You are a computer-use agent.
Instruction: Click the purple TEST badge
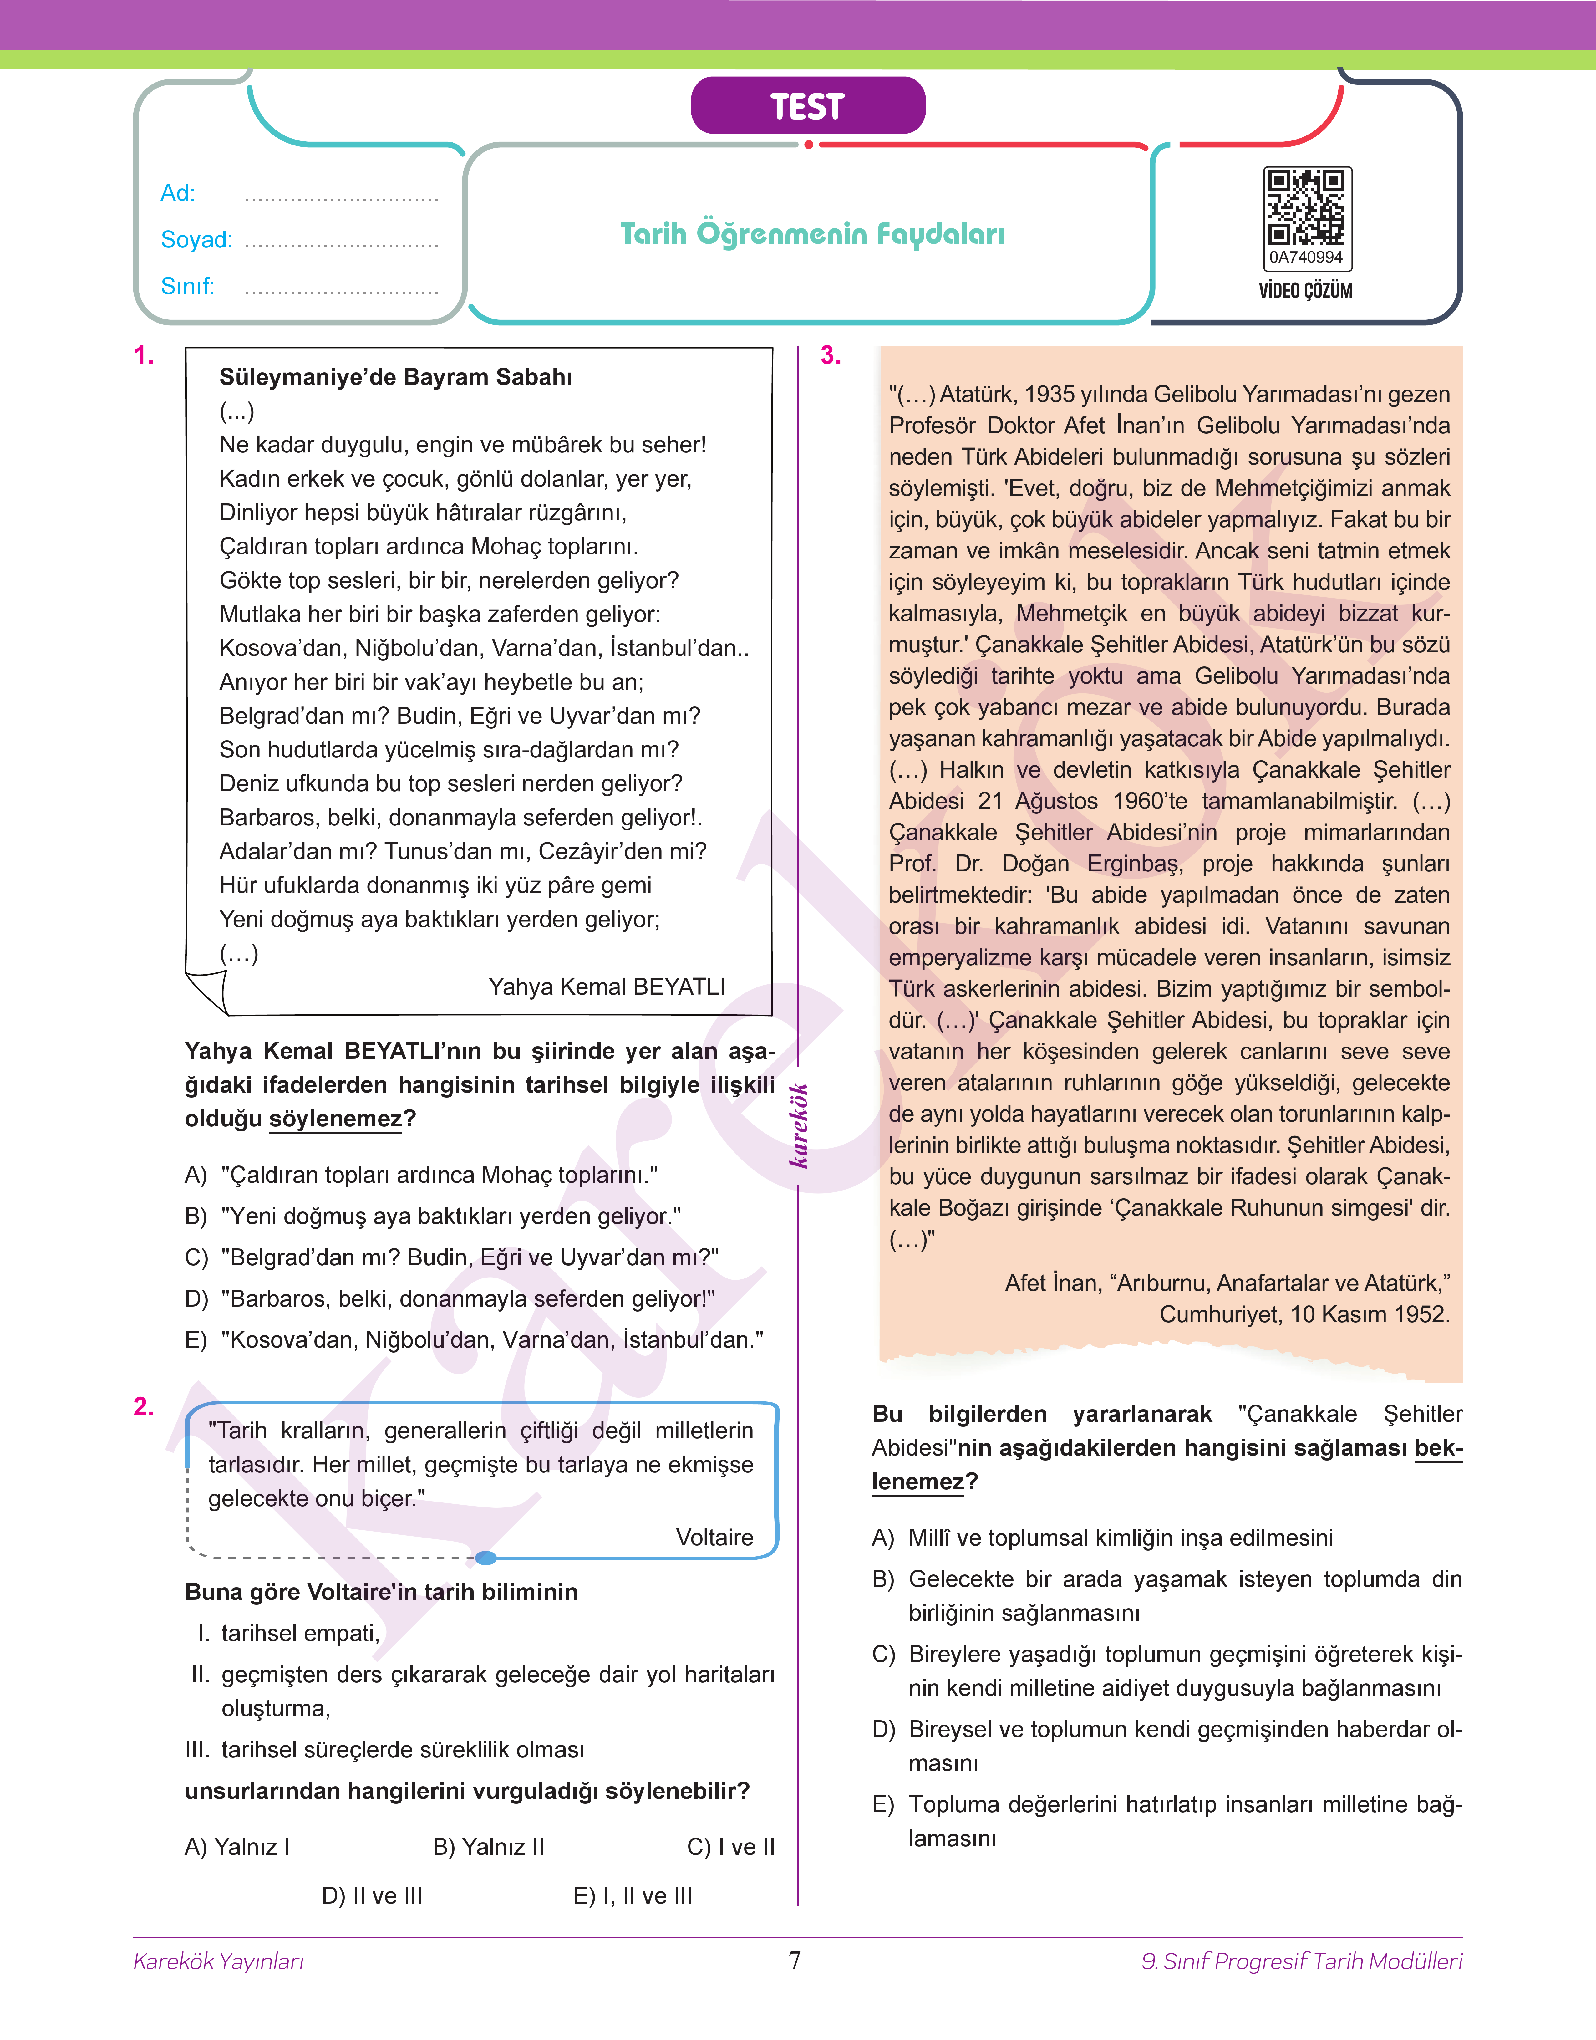[x=807, y=105]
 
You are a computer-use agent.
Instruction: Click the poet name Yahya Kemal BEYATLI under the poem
[x=607, y=987]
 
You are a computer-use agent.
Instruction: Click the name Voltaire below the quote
[x=714, y=1537]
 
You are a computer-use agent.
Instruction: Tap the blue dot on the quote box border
[x=485, y=1558]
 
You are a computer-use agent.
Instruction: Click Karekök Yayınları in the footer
[x=219, y=1961]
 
